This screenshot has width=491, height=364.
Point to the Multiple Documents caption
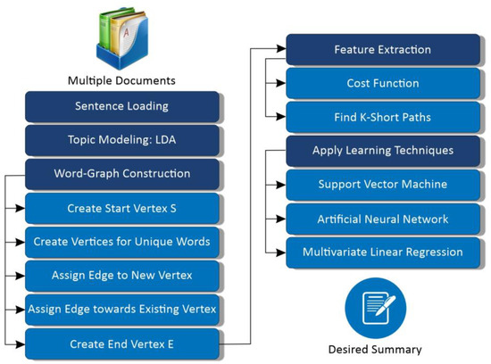point(121,80)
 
